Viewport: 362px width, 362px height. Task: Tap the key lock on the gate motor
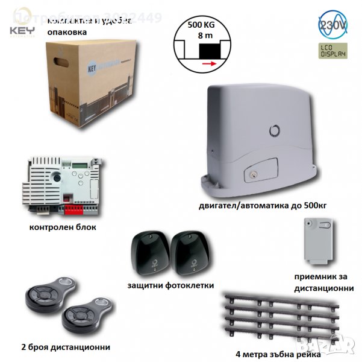click(249, 176)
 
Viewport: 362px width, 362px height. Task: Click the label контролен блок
click(62, 228)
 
